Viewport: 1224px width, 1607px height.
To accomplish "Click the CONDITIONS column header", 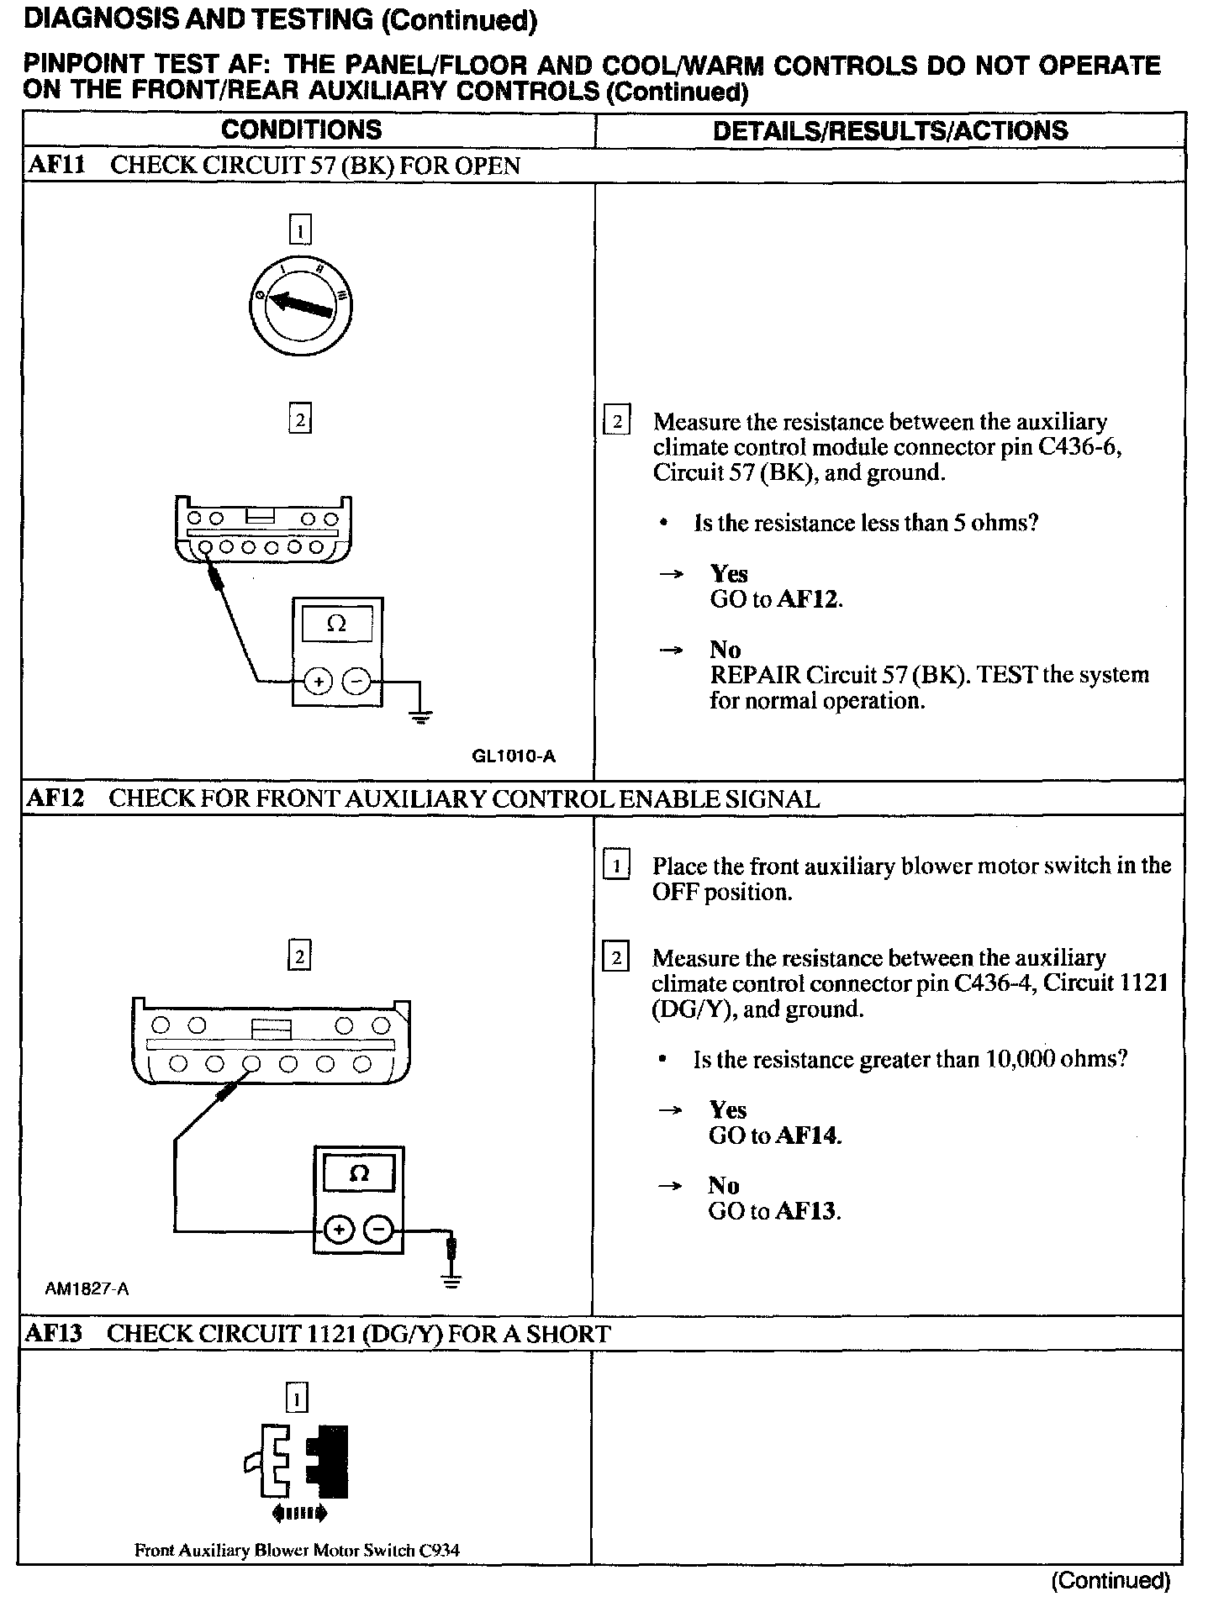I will tap(301, 129).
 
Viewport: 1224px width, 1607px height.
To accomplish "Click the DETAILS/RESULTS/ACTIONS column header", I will tap(889, 130).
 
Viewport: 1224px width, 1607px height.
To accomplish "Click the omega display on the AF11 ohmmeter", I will tap(336, 624).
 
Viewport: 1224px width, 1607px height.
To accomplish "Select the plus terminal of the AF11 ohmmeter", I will tap(317, 681).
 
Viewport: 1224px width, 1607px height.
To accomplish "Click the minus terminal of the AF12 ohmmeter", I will tap(379, 1230).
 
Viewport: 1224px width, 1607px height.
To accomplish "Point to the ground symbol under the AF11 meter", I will tap(421, 716).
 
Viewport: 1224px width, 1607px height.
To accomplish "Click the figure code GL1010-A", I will tap(514, 756).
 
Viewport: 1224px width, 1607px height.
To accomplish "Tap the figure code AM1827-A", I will tap(87, 1288).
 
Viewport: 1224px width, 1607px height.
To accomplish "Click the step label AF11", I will tap(56, 165).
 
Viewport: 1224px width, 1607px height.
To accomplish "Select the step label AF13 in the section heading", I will tap(54, 1334).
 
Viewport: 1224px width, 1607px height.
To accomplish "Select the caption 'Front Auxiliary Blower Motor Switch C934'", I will tap(297, 1551).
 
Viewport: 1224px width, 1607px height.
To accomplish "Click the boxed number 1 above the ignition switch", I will tap(299, 229).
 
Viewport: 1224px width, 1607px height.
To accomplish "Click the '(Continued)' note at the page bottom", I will tap(1111, 1581).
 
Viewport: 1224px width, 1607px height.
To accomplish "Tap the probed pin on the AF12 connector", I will tap(251, 1063).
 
